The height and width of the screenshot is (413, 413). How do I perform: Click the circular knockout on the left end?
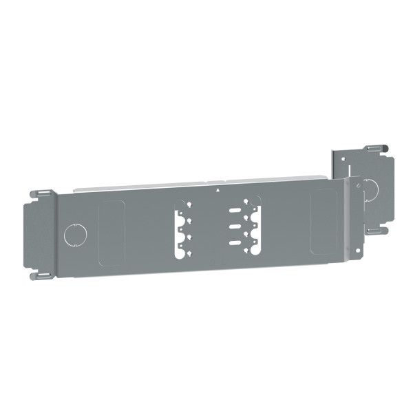(x=72, y=235)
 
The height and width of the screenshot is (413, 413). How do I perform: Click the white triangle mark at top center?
(x=218, y=188)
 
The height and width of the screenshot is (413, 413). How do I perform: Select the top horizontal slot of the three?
(x=236, y=208)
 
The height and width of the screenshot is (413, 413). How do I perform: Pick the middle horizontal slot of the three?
(x=235, y=225)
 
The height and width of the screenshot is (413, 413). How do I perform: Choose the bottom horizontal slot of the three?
(x=235, y=242)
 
